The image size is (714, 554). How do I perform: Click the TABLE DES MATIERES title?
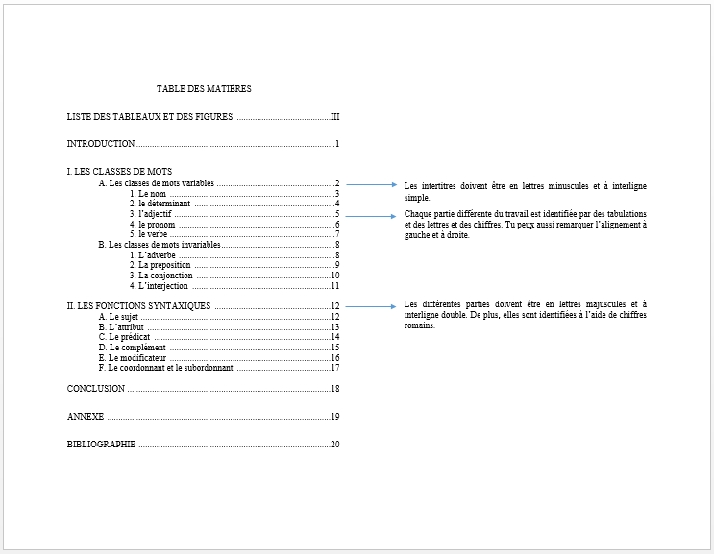tap(204, 89)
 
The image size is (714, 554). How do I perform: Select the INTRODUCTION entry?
tap(101, 144)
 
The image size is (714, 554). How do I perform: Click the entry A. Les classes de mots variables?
tap(157, 183)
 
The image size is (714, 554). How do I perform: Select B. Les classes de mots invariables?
tap(160, 245)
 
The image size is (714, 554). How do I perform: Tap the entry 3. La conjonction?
tap(161, 276)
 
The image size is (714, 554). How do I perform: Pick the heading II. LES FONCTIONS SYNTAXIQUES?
tap(138, 306)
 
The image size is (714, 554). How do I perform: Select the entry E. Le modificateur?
tap(133, 357)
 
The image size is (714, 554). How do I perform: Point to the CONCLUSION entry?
tap(96, 389)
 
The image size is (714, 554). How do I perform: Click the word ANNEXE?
tap(86, 417)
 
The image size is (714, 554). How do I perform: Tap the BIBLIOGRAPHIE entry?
tap(101, 445)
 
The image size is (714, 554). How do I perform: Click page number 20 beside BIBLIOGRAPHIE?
tap(335, 445)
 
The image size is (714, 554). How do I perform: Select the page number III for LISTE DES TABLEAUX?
tap(334, 117)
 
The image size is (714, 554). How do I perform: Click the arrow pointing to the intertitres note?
tap(370, 184)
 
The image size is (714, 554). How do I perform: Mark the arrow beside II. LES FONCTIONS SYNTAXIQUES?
tap(370, 306)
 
